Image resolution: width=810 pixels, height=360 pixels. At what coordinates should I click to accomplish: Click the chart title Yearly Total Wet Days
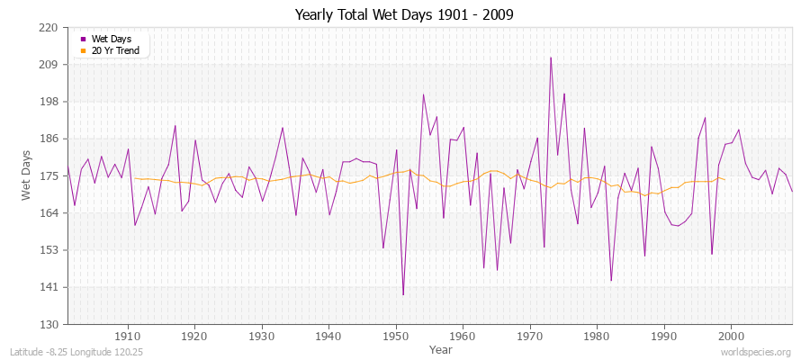(405, 15)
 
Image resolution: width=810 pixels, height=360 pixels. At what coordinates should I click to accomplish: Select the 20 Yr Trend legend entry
(114, 50)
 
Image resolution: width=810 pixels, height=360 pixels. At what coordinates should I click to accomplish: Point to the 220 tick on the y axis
(49, 28)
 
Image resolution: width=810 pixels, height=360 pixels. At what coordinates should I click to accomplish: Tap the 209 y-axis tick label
(49, 65)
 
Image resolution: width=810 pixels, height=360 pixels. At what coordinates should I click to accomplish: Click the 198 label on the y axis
(49, 102)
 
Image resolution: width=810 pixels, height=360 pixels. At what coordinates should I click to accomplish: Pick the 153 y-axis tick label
(49, 250)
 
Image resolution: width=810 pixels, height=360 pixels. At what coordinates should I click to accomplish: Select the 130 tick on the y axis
(49, 324)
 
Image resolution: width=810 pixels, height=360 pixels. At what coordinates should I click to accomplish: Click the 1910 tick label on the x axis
(128, 335)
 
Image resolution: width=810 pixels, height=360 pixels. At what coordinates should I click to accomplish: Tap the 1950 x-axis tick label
(396, 335)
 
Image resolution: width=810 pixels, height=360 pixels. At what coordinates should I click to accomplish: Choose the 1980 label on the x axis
(597, 335)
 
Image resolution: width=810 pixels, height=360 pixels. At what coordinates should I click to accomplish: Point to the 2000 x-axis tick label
(731, 335)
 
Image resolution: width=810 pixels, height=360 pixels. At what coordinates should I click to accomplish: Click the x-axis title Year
(441, 348)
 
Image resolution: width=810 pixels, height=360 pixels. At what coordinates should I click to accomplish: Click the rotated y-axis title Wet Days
(27, 175)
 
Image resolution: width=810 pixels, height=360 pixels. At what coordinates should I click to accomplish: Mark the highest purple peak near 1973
(551, 58)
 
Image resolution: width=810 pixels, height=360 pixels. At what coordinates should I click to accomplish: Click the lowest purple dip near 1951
(403, 294)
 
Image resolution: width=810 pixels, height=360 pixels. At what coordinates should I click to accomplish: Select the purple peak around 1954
(423, 94)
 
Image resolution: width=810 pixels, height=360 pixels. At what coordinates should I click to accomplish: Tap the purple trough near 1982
(611, 281)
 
